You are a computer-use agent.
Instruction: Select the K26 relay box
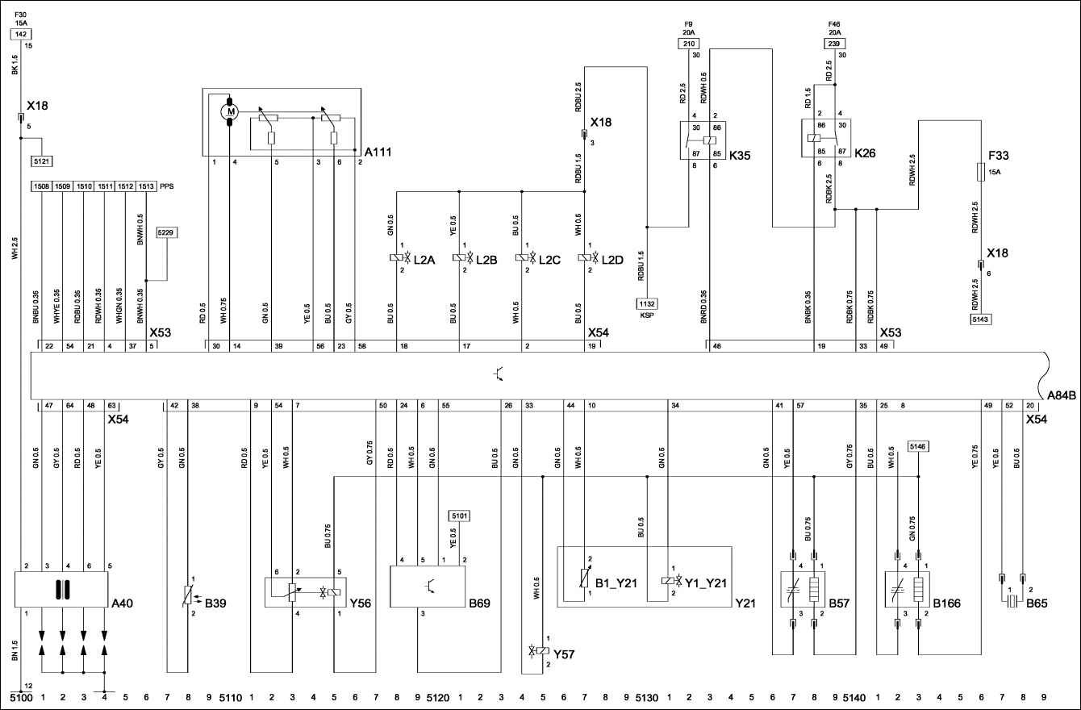(824, 139)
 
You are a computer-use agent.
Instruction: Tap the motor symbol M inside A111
(230, 111)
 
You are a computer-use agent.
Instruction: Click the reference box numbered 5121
(42, 161)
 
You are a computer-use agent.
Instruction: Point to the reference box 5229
(167, 232)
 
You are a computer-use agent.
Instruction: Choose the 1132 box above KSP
(647, 303)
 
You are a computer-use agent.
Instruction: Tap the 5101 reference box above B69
(459, 515)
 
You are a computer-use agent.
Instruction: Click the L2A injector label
(424, 259)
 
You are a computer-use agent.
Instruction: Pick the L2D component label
(612, 259)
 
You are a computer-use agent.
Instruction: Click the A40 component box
(61, 590)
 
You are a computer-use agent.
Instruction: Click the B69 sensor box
(428, 586)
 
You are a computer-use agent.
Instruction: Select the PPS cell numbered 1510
(84, 186)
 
